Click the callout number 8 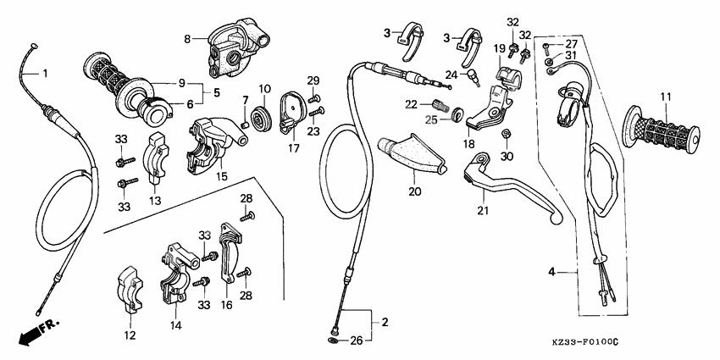pos(188,38)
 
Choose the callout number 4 pos(551,273)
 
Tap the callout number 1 pos(45,74)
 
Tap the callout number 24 pos(451,74)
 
